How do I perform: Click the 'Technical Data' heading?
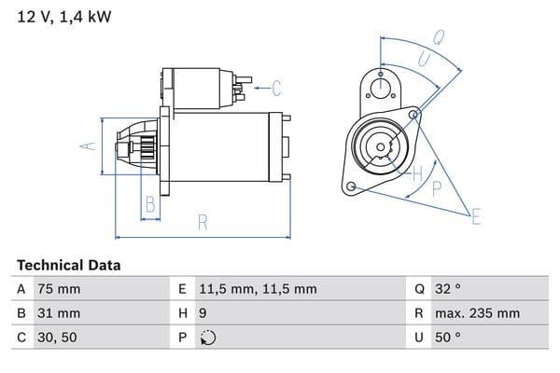tap(69, 266)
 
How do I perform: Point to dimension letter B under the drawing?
tap(149, 205)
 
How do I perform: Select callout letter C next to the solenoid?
tap(276, 90)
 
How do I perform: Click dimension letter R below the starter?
tap(203, 223)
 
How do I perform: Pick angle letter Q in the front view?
tap(438, 38)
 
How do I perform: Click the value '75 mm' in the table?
tap(58, 289)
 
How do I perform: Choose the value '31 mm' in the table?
tap(58, 313)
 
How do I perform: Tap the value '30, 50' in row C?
tap(56, 338)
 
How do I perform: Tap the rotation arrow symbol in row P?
tap(208, 338)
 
